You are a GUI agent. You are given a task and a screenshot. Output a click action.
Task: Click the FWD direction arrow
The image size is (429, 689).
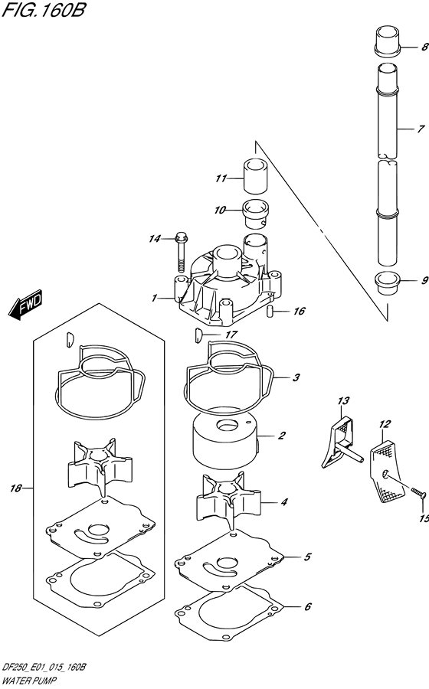click(x=25, y=304)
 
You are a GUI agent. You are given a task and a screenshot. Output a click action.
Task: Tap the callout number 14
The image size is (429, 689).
click(x=154, y=239)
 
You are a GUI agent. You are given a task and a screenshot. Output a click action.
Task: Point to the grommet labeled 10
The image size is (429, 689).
click(x=257, y=214)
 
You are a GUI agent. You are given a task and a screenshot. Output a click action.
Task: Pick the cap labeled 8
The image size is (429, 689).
click(x=388, y=42)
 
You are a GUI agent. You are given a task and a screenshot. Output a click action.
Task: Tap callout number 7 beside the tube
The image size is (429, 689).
click(x=421, y=129)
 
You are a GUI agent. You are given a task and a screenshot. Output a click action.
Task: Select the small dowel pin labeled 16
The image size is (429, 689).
click(x=270, y=311)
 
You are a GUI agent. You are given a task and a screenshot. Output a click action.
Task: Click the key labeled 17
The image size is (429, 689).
click(x=198, y=336)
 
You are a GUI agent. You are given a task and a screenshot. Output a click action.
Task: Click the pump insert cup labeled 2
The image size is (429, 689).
click(x=224, y=444)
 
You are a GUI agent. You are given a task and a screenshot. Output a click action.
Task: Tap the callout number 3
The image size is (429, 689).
click(x=296, y=377)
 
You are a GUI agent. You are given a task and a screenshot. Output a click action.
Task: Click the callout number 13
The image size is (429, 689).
click(x=343, y=400)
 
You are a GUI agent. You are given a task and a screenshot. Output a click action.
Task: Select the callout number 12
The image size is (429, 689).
click(x=385, y=424)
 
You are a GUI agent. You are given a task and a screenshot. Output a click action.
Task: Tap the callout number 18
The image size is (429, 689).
click(x=16, y=488)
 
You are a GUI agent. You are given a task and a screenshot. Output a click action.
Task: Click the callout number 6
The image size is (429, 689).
click(x=308, y=607)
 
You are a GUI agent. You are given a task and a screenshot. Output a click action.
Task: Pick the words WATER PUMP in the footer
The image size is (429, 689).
click(x=29, y=681)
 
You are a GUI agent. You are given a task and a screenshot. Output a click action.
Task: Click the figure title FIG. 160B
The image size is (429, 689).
click(x=43, y=10)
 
